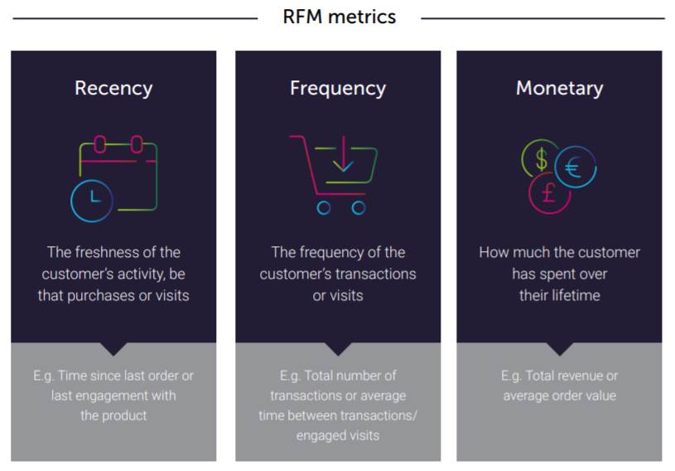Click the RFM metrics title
coord(339,17)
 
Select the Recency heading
coord(113,88)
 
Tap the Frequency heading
coord(337,88)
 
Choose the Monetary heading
coord(559,88)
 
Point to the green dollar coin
coord(540,158)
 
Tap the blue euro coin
coord(574,168)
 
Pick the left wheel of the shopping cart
coord(324,208)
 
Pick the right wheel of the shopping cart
coord(358,208)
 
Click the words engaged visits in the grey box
coord(337,435)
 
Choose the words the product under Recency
coord(113,415)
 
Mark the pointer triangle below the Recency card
coord(113,349)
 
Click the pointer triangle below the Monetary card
coord(559,349)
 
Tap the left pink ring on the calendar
coord(99,146)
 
